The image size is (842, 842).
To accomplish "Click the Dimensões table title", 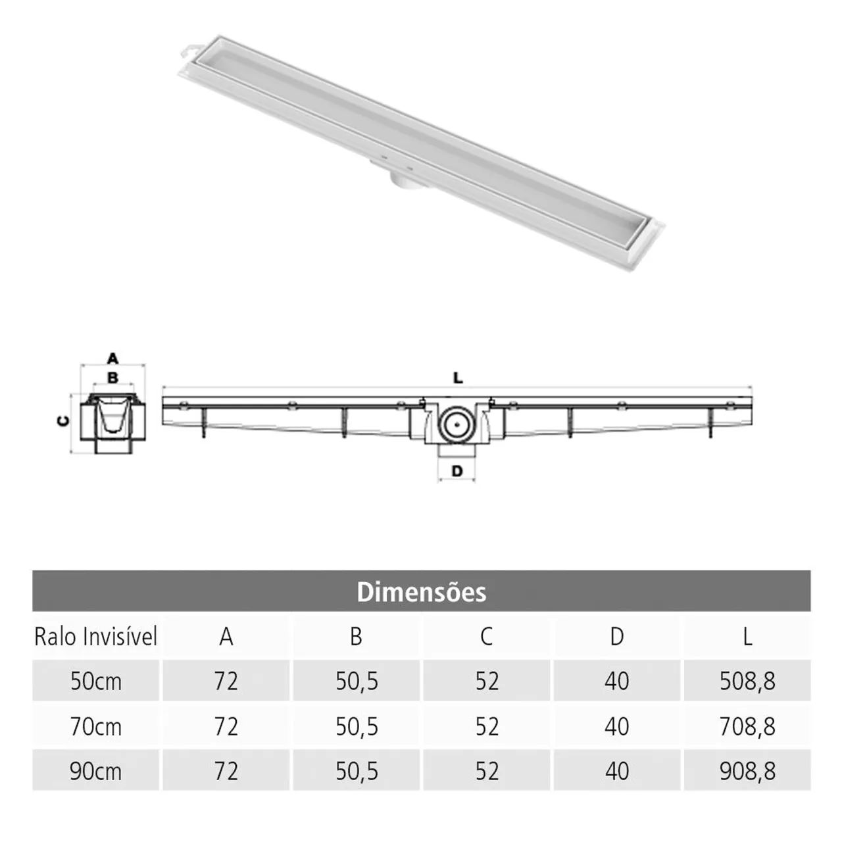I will (x=421, y=592).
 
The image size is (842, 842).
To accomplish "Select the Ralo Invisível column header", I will (x=96, y=637).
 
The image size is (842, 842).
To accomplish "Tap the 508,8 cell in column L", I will (x=747, y=681).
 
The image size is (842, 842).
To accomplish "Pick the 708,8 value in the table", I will (x=747, y=727).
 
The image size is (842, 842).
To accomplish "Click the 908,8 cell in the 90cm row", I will (x=747, y=771).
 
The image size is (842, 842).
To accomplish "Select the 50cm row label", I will (x=96, y=681).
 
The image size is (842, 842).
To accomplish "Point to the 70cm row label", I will (x=96, y=727).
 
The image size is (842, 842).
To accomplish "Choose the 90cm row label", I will (x=96, y=771).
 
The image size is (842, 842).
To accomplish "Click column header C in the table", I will (x=486, y=637).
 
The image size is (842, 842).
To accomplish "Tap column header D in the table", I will (x=616, y=637).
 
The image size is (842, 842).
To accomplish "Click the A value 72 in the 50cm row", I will (x=226, y=681).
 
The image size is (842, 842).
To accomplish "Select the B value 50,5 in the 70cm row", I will (x=357, y=727).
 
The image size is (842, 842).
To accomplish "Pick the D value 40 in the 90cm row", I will (x=616, y=771).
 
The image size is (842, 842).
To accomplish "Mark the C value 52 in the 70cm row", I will (x=487, y=727).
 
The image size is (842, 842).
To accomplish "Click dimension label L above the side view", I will (x=458, y=378).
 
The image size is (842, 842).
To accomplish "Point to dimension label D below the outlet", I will (x=457, y=471).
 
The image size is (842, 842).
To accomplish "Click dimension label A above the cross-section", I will (x=112, y=359).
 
